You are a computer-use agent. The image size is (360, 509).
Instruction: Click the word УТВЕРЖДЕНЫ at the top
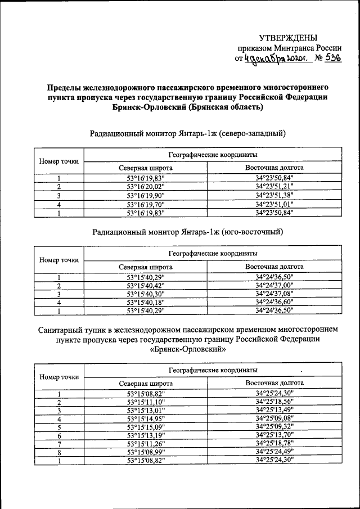click(x=284, y=38)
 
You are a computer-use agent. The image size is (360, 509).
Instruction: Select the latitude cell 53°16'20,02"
click(x=145, y=187)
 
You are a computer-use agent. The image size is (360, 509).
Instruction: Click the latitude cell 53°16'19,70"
click(x=145, y=204)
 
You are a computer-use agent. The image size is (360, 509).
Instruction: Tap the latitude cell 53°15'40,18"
click(x=145, y=302)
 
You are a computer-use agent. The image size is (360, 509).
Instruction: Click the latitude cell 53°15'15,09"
click(x=145, y=426)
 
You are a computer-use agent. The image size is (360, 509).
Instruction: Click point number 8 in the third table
click(x=58, y=452)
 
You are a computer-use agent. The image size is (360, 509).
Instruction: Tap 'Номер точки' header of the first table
click(x=58, y=161)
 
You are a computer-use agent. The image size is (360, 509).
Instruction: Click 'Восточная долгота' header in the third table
click(x=274, y=383)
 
